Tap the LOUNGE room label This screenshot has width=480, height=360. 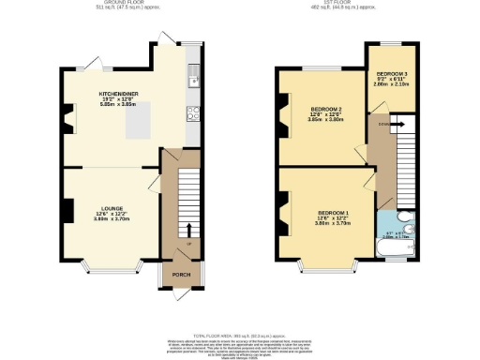pos(112,208)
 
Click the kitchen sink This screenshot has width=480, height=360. pos(193,71)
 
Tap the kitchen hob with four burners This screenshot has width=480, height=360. pos(193,113)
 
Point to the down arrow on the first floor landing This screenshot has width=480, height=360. pos(393,122)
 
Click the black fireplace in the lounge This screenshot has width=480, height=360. pos(68,211)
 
